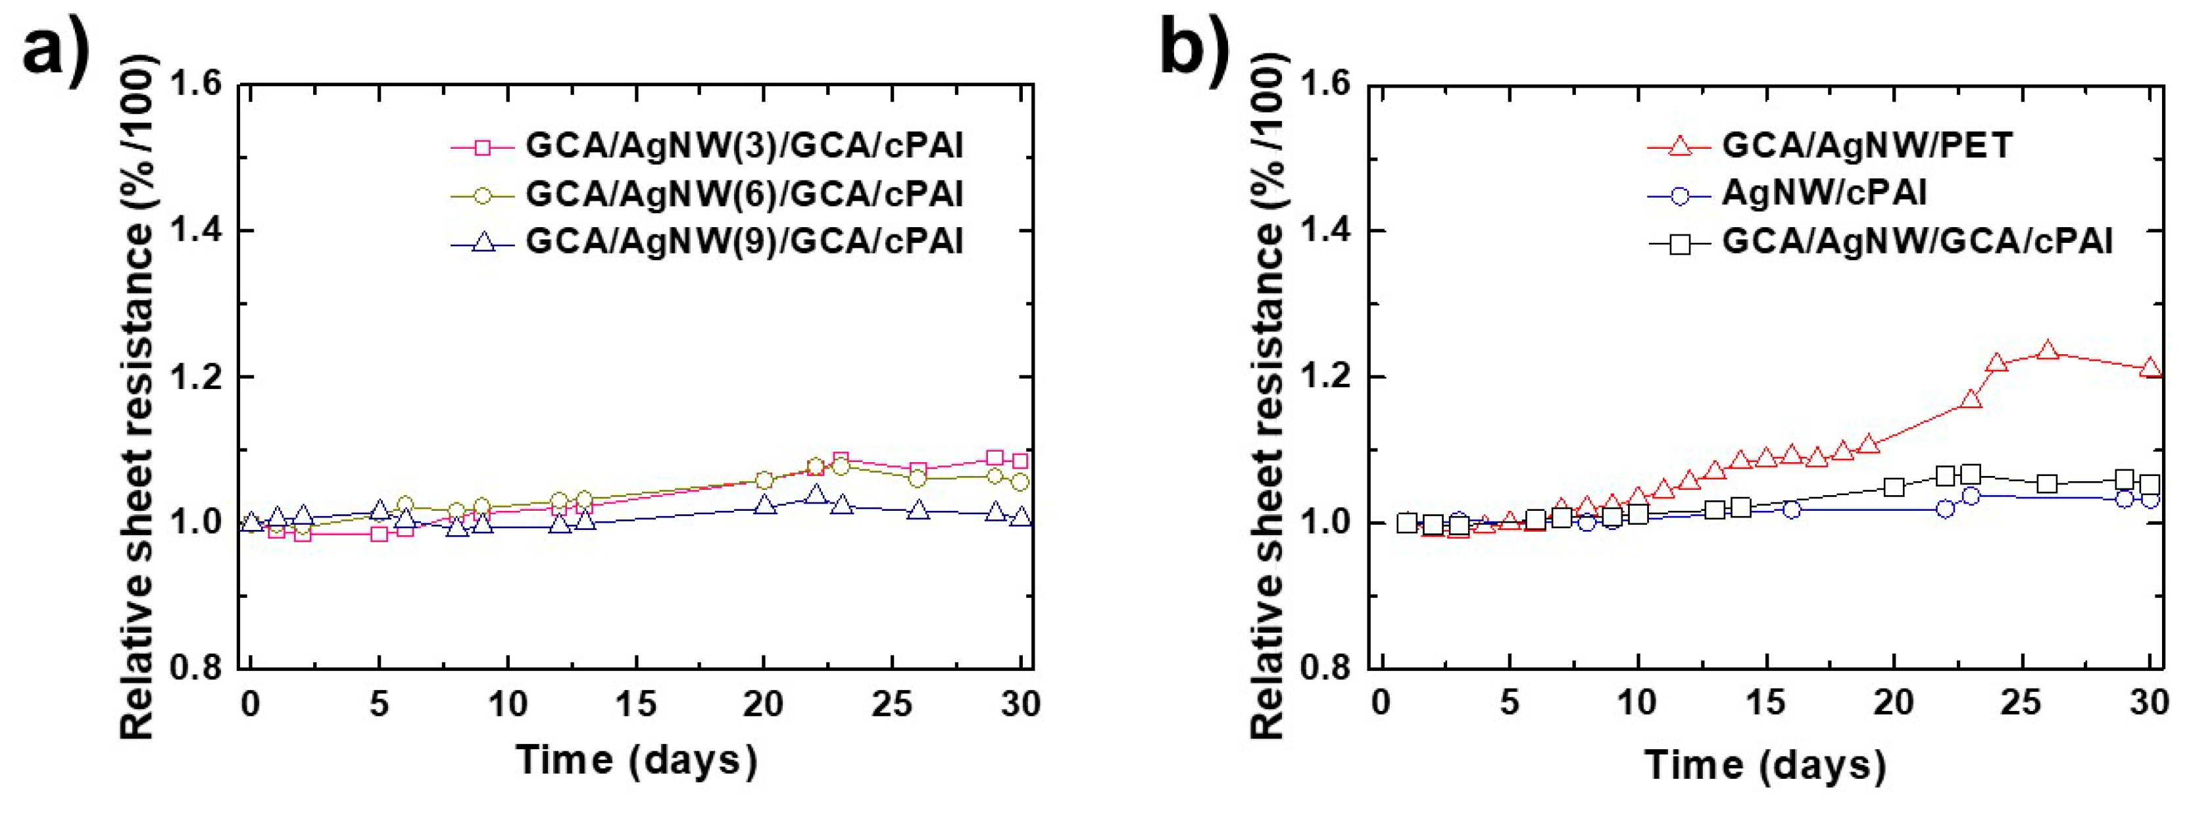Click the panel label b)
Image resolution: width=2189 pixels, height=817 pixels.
pos(1194,47)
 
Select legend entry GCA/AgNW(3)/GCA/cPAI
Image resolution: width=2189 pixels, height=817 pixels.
pos(743,146)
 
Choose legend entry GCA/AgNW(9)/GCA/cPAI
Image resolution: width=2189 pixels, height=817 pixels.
pos(743,242)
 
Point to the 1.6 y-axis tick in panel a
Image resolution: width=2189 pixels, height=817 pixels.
pos(197,85)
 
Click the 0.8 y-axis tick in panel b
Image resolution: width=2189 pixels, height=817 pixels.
pos(1327,668)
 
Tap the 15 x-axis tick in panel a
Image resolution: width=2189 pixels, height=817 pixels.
pos(635,704)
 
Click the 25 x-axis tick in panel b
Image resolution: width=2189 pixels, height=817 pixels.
pos(2021,704)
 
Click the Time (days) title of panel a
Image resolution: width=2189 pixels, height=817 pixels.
pos(635,759)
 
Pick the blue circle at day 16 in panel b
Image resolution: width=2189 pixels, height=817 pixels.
pos(1791,510)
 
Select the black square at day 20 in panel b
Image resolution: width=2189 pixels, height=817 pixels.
pos(1893,487)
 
